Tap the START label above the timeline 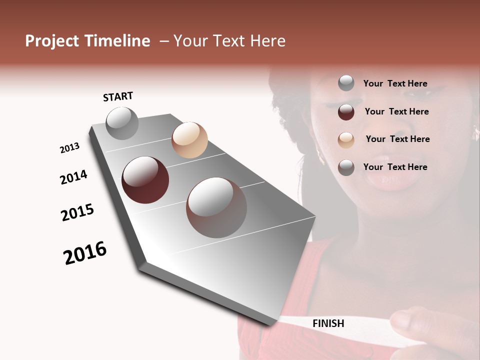coord(118,96)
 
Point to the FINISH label coord(328,323)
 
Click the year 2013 coord(69,148)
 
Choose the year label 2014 coord(73,177)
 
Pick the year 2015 coord(77,212)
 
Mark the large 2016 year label coord(85,253)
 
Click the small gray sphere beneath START coord(122,123)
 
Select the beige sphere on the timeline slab coord(189,140)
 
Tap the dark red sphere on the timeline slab coord(145,180)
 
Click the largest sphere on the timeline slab coord(216,207)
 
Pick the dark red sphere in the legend coord(346,112)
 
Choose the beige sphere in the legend coord(346,140)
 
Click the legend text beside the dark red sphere coord(396,111)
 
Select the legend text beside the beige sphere coord(397,139)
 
